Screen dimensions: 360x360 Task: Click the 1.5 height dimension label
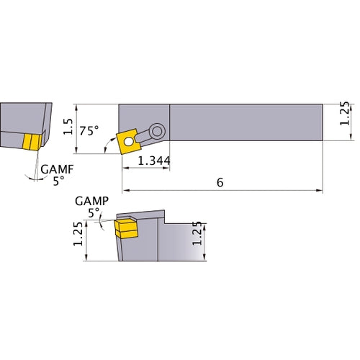[x=68, y=127]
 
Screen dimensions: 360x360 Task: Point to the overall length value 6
[x=220, y=183]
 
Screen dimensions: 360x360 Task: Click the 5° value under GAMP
[x=93, y=213]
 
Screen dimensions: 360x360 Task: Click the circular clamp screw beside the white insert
[x=157, y=130]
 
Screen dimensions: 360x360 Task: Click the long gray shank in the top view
[x=245, y=125]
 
